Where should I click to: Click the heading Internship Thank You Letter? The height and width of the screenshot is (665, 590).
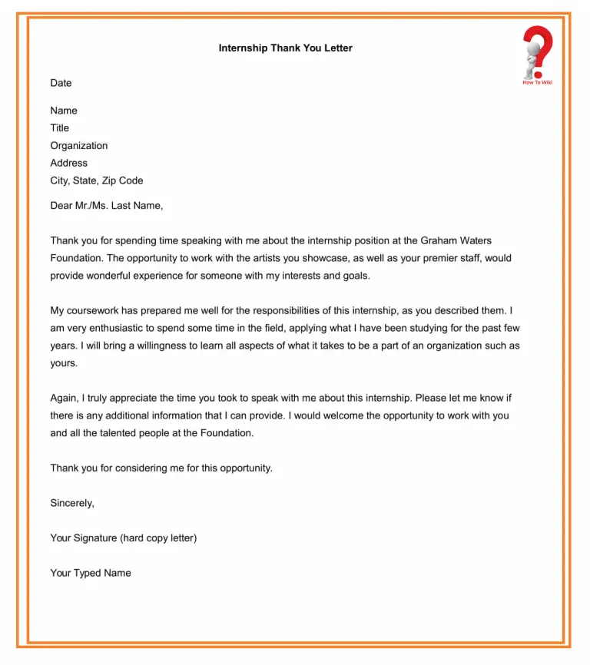point(285,48)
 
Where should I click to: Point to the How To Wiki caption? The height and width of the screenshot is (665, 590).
point(537,82)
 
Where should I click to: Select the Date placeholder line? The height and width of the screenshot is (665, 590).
point(61,83)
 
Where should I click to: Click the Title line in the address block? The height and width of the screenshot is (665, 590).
point(59,128)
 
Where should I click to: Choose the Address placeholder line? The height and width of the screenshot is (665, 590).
point(68,163)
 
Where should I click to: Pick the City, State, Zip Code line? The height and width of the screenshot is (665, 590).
point(96,180)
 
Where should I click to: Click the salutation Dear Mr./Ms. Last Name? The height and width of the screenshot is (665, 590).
point(107,206)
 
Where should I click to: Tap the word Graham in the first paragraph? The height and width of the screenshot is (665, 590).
point(438,240)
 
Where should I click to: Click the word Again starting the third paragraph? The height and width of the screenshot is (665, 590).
point(65,398)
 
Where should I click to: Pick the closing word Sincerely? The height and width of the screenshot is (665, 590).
point(72,503)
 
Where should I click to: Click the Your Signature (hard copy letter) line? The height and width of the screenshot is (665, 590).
point(123,538)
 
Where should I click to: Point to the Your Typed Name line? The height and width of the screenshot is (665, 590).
point(90,573)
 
